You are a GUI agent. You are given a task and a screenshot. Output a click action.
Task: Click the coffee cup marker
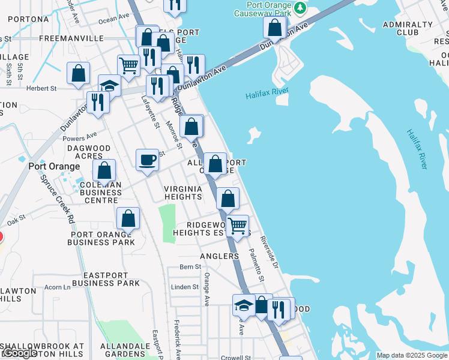click(x=148, y=160)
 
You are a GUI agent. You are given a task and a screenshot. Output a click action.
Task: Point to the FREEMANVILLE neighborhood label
click(x=71, y=38)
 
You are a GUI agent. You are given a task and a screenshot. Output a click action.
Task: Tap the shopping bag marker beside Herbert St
click(x=79, y=74)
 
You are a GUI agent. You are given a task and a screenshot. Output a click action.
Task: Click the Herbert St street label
click(x=41, y=88)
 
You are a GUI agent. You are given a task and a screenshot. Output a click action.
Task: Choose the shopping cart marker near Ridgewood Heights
click(x=238, y=226)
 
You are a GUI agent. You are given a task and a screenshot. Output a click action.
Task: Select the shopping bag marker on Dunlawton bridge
click(x=274, y=28)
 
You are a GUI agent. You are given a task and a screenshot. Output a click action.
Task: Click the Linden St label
click(x=185, y=287)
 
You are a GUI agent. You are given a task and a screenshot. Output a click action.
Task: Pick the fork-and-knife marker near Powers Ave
click(x=97, y=103)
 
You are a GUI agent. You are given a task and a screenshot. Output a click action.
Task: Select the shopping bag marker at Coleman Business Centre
click(x=104, y=170)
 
